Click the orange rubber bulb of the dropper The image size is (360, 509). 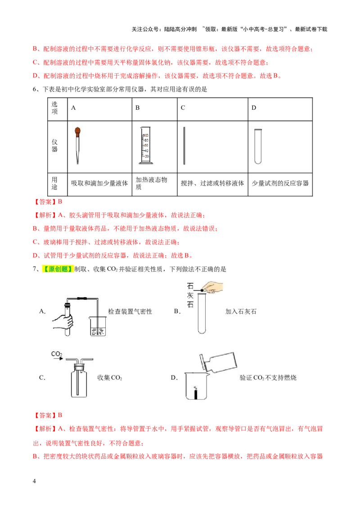[77, 132]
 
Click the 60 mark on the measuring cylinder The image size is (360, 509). [146, 140]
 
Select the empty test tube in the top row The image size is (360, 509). [258, 144]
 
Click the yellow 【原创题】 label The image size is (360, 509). [58, 269]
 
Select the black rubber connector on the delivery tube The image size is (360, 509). [82, 299]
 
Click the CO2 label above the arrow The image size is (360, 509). [57, 354]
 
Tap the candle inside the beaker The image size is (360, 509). [195, 394]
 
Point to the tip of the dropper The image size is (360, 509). [77, 164]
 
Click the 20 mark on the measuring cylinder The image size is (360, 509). [146, 156]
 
